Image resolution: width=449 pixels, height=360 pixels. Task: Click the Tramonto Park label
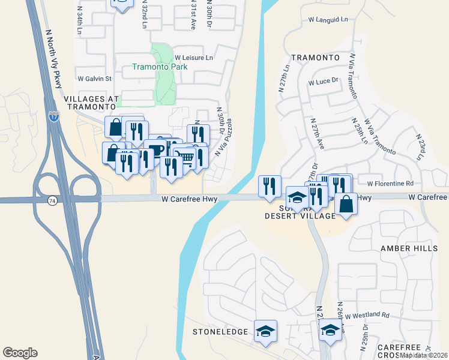(160, 67)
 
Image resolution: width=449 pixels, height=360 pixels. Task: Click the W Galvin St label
(95, 79)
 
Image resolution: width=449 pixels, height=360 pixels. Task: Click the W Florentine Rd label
(390, 184)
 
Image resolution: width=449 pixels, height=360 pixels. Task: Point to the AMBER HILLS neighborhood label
(405, 248)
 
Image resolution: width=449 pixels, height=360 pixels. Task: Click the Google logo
(20, 353)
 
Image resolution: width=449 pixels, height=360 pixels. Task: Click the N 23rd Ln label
(419, 146)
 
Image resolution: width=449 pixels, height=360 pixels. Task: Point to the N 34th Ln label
(80, 20)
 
